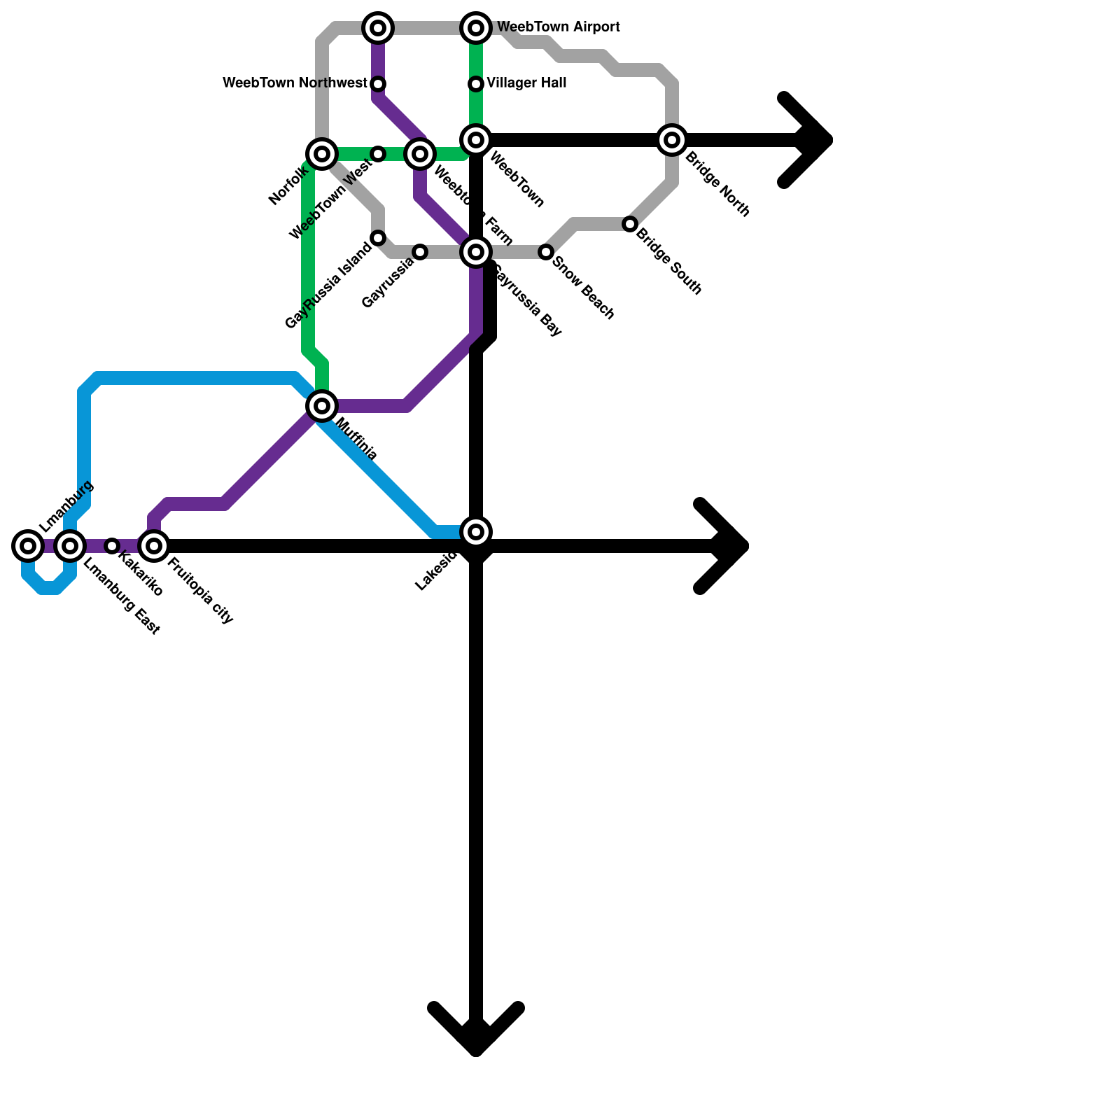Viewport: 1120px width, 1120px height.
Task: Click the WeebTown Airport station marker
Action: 476,28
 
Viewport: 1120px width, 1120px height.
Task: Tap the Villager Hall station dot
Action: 476,84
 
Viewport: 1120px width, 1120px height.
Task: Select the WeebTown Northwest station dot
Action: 378,84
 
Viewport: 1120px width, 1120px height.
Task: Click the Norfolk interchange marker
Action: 322,153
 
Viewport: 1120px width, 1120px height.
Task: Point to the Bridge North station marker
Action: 672,140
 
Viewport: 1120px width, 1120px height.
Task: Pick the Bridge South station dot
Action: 630,224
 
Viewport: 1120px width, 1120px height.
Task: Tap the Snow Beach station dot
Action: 546,252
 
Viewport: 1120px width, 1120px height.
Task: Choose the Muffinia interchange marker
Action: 322,405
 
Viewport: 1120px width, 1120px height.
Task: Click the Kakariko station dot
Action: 112,545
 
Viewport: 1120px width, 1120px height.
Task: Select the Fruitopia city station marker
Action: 154,545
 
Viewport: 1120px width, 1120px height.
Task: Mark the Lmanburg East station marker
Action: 70,545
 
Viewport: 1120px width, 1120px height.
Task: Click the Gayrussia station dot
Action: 420,252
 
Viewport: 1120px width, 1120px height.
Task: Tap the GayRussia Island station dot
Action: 378,238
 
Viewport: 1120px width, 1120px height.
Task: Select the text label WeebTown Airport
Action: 558,27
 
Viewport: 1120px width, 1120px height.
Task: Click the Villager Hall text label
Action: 526,83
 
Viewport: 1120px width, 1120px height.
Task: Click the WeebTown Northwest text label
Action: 295,83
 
